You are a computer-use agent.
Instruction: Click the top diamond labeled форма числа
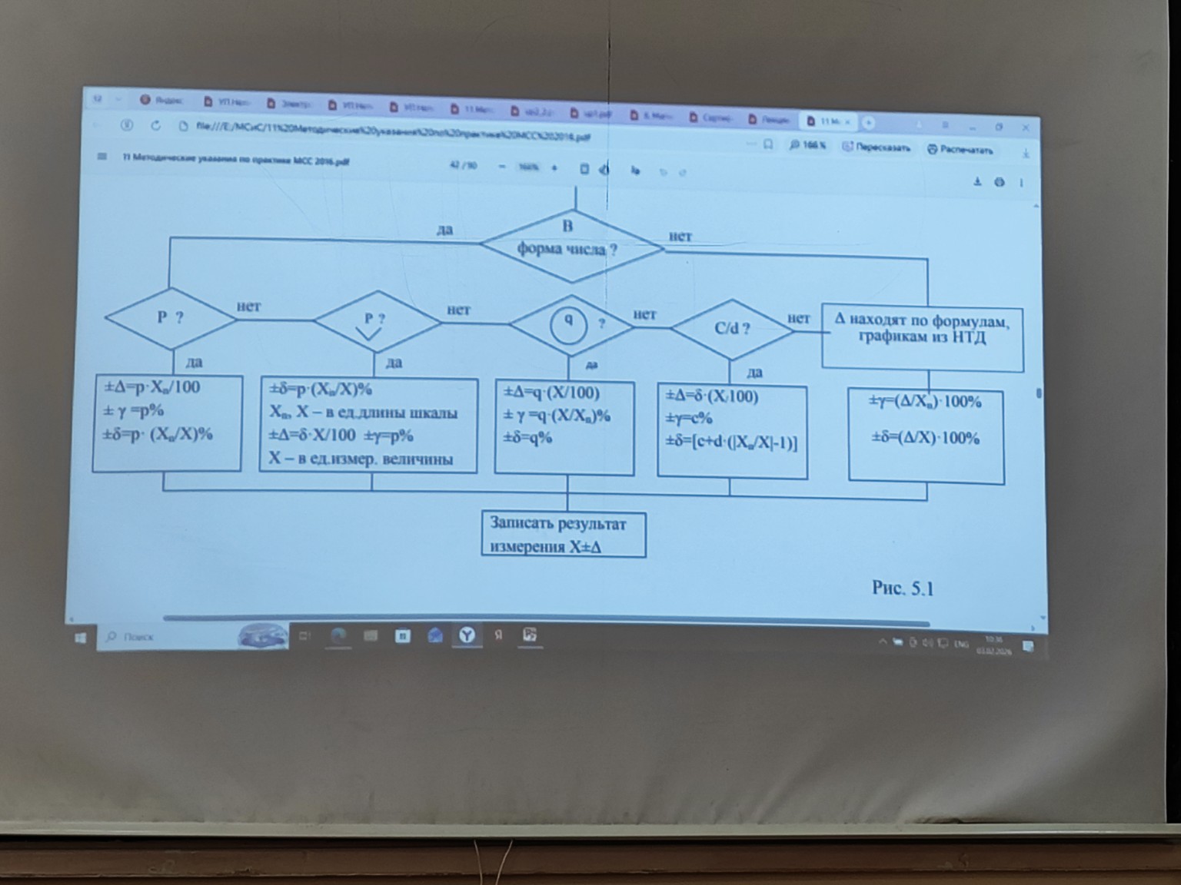click(570, 246)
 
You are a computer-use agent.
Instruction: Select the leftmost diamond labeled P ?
click(170, 317)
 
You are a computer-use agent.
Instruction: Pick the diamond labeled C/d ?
click(731, 329)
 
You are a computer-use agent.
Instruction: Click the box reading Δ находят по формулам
click(922, 329)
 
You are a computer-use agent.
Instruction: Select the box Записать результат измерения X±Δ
click(564, 535)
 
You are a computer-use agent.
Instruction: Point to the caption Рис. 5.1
click(903, 588)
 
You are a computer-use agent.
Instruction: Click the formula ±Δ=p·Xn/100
click(152, 387)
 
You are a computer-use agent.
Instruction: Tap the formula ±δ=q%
click(528, 439)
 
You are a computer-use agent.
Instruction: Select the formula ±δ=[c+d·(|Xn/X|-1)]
click(731, 443)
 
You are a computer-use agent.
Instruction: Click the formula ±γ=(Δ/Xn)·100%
click(925, 402)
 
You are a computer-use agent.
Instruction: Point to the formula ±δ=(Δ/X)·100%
click(925, 439)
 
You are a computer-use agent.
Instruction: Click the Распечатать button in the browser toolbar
click(960, 150)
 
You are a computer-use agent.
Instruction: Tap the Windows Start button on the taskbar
click(81, 638)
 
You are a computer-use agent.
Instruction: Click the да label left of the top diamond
click(445, 230)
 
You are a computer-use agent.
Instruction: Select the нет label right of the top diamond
click(680, 237)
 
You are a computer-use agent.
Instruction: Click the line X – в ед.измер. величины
click(361, 459)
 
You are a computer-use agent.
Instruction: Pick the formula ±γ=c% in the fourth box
click(689, 419)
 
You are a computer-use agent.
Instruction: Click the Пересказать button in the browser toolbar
click(877, 147)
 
